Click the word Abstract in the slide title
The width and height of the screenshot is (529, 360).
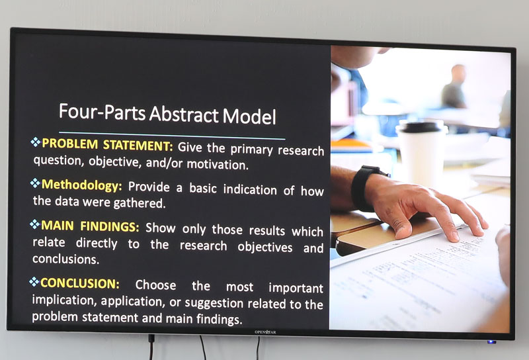[x=184, y=114]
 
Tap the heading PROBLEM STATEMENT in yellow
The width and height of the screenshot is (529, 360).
[x=107, y=144]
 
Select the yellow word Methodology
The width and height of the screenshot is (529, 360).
[x=81, y=185]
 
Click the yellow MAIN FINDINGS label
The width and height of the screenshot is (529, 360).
[x=90, y=226]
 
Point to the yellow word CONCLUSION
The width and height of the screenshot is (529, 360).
[x=79, y=283]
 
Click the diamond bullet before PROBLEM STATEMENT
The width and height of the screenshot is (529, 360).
[x=36, y=142]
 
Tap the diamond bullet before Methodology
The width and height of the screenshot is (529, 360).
[x=35, y=183]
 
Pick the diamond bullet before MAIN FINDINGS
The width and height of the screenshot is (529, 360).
[x=34, y=224]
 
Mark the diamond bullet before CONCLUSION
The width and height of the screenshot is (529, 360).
[x=34, y=282]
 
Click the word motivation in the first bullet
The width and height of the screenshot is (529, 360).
[x=218, y=165]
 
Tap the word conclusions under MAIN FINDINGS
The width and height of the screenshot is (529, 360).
[x=65, y=259]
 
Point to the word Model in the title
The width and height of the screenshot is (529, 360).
[x=249, y=116]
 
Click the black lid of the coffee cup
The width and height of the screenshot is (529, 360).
[x=421, y=126]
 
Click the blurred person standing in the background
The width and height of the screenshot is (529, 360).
[x=454, y=87]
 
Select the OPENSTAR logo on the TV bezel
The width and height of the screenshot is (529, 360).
[x=265, y=332]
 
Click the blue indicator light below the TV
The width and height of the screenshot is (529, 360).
[x=491, y=342]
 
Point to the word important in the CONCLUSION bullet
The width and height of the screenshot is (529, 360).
[x=296, y=289]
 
